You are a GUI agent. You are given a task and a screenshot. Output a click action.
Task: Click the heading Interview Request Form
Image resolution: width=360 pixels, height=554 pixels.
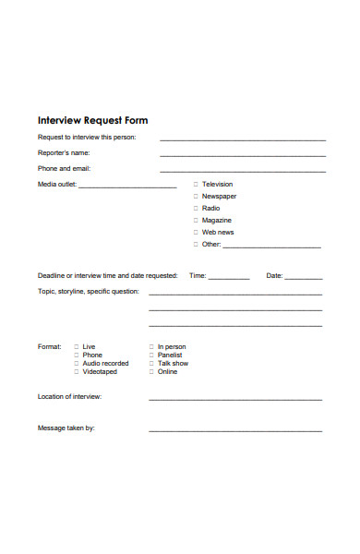pos(92,120)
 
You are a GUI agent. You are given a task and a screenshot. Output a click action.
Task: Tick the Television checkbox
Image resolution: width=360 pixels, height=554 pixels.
pos(195,185)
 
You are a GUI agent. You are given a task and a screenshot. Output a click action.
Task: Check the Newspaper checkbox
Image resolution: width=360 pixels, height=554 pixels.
pos(195,197)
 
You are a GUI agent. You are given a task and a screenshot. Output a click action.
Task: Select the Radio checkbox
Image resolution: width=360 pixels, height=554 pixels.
pos(195,209)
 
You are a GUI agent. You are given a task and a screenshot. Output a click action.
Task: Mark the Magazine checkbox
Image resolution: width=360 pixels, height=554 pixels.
pos(195,221)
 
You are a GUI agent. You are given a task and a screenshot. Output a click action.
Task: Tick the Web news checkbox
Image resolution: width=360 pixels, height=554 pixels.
pos(195,233)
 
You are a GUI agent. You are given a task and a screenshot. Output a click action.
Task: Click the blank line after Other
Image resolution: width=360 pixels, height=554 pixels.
pos(272,247)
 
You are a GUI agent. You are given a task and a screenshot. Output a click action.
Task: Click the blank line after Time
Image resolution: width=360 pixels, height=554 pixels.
pos(229,277)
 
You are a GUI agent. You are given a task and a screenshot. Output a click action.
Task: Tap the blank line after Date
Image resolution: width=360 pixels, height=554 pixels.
pos(304,277)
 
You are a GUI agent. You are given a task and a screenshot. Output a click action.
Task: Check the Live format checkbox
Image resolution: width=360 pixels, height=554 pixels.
pos(76,347)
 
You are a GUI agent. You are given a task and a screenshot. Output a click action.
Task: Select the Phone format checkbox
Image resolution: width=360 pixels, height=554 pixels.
pos(76,355)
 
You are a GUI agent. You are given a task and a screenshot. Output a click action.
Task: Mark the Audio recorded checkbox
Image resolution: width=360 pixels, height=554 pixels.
pos(76,364)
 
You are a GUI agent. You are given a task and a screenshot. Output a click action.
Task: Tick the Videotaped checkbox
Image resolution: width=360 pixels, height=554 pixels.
pos(76,372)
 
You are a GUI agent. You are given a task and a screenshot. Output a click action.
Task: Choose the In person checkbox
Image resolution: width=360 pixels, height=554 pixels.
pos(151,347)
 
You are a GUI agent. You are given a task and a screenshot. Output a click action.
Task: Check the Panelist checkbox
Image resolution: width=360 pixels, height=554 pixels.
pos(151,355)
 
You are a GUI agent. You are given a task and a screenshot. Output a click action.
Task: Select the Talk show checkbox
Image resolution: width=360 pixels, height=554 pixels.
pos(151,364)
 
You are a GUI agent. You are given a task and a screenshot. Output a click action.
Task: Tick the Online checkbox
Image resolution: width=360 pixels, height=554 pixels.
pos(151,372)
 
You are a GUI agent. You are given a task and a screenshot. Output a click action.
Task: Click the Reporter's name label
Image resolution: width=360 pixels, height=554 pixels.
pos(64,153)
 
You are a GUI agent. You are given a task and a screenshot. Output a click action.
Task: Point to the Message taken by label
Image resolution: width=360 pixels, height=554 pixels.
pos(66,428)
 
